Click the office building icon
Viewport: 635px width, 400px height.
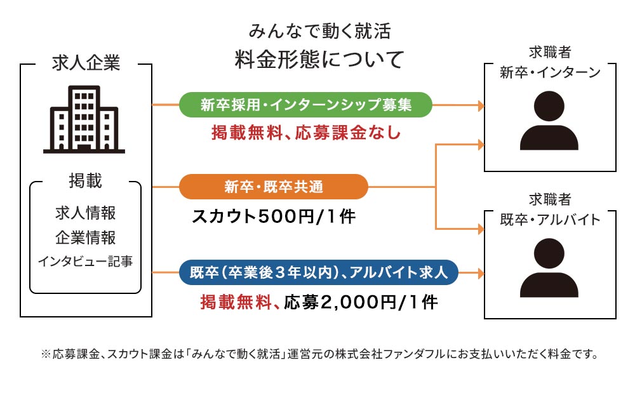click(84, 119)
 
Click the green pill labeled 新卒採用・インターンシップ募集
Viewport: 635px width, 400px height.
click(306, 105)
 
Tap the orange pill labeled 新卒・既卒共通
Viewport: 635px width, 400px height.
click(274, 187)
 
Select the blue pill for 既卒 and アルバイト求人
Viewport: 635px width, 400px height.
click(319, 272)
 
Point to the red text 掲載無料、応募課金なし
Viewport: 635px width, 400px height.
click(306, 133)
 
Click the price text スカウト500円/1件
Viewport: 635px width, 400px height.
click(274, 217)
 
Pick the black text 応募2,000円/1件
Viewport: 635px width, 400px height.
click(361, 302)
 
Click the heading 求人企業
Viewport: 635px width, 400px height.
click(86, 63)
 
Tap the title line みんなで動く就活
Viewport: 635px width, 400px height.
click(319, 31)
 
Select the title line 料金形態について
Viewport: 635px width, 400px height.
click(319, 59)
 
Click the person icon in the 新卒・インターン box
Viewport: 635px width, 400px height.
click(549, 120)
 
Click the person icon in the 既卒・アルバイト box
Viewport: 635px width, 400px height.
click(549, 267)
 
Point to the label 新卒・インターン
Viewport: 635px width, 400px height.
click(550, 72)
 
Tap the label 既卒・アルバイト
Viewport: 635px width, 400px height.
click(550, 220)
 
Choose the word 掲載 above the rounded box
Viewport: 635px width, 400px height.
click(86, 180)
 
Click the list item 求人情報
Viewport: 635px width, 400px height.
click(86, 213)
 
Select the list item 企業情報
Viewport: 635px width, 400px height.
click(86, 237)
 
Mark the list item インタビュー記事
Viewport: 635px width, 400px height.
click(86, 261)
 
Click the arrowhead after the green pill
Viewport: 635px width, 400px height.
click(481, 105)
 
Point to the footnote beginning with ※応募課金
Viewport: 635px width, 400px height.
click(319, 354)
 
